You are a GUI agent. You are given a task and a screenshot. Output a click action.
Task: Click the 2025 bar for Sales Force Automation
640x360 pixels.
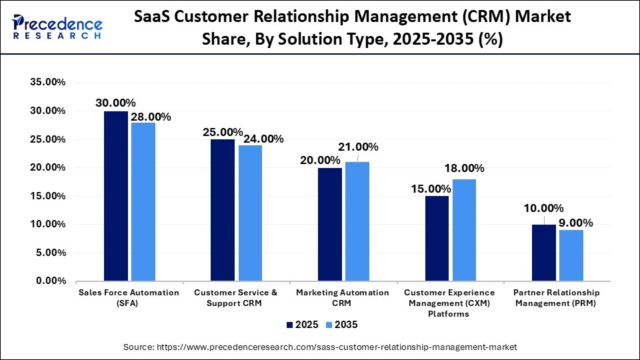pyautogui.click(x=116, y=196)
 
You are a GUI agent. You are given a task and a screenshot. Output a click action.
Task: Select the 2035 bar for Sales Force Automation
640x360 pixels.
pyautogui.click(x=143, y=201)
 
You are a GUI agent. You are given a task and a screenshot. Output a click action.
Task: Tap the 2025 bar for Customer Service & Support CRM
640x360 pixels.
pyautogui.click(x=223, y=210)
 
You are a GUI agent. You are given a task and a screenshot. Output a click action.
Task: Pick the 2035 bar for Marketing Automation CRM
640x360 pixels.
pyautogui.click(x=357, y=221)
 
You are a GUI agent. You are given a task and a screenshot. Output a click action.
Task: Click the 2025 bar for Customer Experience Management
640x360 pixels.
pyautogui.click(x=437, y=239)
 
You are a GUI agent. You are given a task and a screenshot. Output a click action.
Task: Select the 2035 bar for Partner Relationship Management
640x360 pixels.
pyautogui.click(x=571, y=255)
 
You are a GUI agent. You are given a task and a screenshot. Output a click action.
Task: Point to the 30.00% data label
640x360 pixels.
pyautogui.click(x=115, y=103)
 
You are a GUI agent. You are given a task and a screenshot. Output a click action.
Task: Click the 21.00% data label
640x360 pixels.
pyautogui.click(x=358, y=147)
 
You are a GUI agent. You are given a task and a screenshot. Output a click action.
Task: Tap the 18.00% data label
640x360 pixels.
pyautogui.click(x=465, y=169)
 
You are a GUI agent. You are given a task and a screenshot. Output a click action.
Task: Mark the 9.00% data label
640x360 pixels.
pyautogui.click(x=575, y=222)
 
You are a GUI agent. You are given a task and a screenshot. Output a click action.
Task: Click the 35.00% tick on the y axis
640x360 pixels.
pyautogui.click(x=47, y=83)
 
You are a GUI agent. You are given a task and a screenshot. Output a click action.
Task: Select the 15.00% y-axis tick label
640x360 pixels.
pyautogui.click(x=47, y=196)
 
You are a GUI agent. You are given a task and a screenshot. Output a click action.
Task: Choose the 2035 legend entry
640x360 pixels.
pyautogui.click(x=341, y=325)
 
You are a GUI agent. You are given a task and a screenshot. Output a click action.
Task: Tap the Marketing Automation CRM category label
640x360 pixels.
pyautogui.click(x=342, y=298)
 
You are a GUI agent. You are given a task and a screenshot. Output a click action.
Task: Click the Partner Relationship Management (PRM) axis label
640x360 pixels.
pyautogui.click(x=556, y=298)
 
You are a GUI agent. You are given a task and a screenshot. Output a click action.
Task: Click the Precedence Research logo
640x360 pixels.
pyautogui.click(x=57, y=27)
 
